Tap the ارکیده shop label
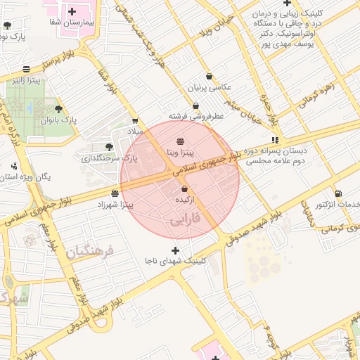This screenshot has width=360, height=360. [x=184, y=200]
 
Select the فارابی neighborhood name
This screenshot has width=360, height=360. [x=185, y=219]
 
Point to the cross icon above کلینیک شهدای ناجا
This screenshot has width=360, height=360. [x=175, y=250]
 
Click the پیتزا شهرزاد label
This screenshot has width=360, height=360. [x=115, y=204]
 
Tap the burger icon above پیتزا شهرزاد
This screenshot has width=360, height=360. [x=115, y=193]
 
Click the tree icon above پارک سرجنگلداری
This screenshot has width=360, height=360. [x=109, y=147]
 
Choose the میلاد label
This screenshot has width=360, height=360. [x=134, y=131]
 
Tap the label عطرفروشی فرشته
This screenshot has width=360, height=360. [x=195, y=115]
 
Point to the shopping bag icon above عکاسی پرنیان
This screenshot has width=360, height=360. [x=209, y=76]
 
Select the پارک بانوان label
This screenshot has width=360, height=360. [x=58, y=120]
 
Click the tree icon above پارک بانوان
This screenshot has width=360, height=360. [x=58, y=109]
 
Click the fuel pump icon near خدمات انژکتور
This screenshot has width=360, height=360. [x=339, y=193]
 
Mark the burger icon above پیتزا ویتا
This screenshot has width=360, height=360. [x=181, y=141]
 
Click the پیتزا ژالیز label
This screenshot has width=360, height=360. [x=26, y=80]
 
